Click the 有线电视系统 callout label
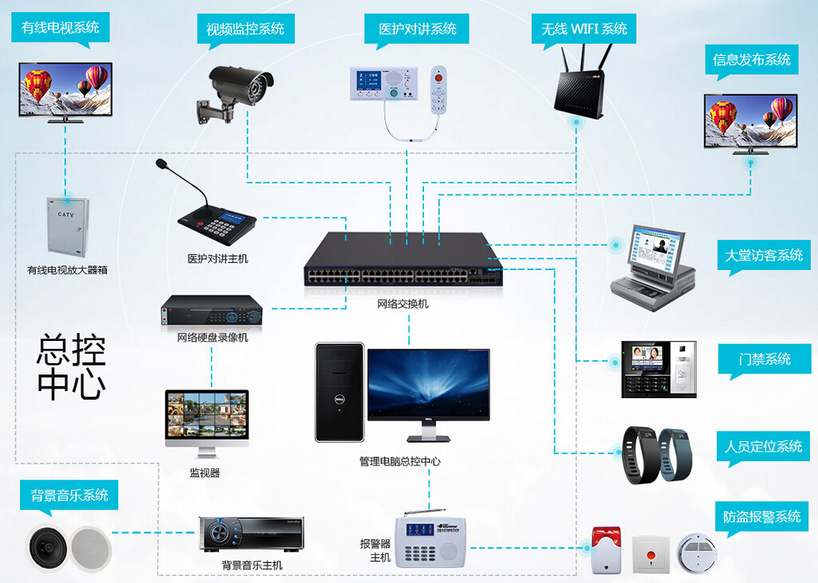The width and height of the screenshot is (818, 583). click(x=61, y=28)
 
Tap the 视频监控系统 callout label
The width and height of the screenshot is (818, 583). click(x=245, y=29)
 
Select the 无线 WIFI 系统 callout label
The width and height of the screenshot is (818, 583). click(x=584, y=29)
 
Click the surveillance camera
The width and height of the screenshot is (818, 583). click(x=236, y=90)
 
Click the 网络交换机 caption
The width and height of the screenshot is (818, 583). click(x=403, y=303)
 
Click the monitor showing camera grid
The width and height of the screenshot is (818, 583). click(x=206, y=420)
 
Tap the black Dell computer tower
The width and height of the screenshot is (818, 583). click(x=339, y=392)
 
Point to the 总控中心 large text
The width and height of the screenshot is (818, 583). click(x=72, y=366)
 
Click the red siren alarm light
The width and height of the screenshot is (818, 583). click(x=606, y=548)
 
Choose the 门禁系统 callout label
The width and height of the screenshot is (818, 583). click(x=765, y=359)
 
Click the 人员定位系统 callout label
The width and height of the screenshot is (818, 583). click(x=763, y=446)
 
